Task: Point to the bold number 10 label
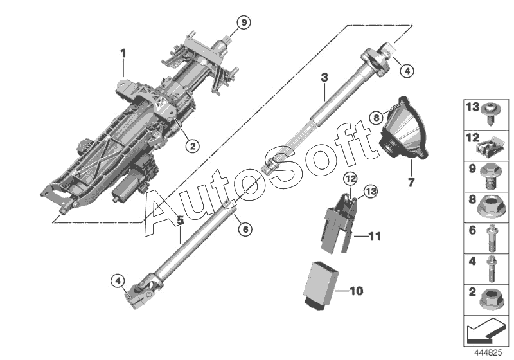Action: coord(356,291)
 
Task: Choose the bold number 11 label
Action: coord(375,237)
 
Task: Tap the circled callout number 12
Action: coord(350,177)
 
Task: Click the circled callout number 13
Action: coord(370,190)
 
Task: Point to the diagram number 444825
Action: coord(488,354)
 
